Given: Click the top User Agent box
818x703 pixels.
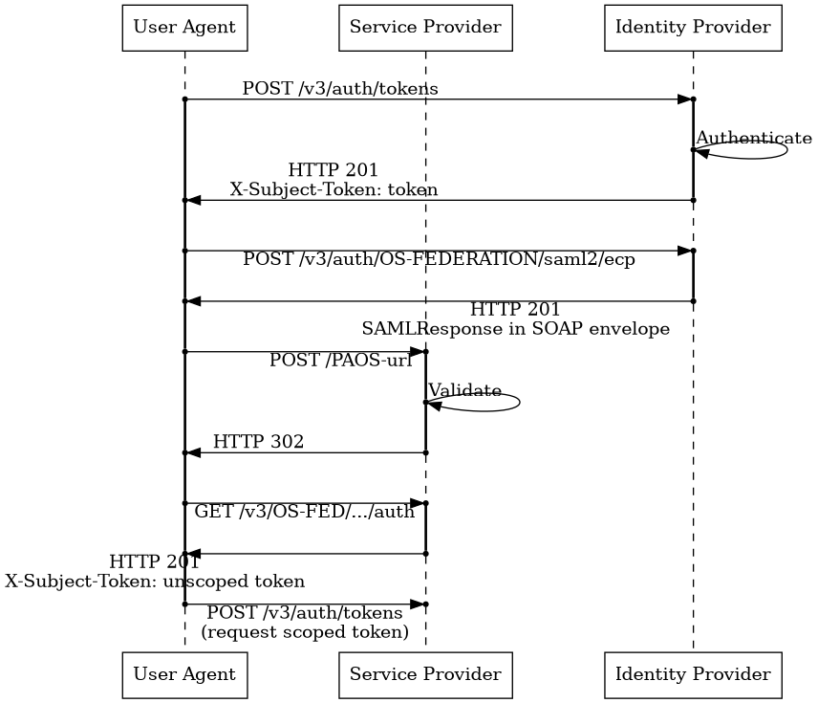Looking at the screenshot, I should tap(184, 27).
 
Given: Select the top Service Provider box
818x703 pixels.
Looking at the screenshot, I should tap(425, 27).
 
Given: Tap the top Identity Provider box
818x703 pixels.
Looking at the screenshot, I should tap(693, 27).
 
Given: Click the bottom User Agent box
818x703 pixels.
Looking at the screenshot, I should tap(184, 674).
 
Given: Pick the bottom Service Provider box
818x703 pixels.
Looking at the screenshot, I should tap(425, 674).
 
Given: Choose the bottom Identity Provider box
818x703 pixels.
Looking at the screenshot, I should tap(693, 674).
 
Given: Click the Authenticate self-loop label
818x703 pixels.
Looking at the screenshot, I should tap(753, 138).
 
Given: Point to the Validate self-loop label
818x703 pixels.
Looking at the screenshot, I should tap(464, 390).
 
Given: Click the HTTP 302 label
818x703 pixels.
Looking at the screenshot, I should tap(258, 441).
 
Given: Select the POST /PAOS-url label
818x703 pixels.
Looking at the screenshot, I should tap(340, 361).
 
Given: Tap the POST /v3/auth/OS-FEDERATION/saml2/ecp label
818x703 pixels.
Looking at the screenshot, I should tap(439, 259).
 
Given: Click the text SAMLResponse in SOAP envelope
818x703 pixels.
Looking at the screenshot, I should tap(515, 328).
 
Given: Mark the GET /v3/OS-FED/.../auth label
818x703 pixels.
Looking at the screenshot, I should tap(304, 512).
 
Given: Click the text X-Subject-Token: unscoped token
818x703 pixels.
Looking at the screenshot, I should tap(155, 581).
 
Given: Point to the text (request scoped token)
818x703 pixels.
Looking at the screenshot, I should tap(304, 632).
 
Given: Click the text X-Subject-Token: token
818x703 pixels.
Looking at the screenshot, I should tap(334, 189).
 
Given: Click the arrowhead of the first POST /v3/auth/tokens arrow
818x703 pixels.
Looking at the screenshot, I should tap(684, 99).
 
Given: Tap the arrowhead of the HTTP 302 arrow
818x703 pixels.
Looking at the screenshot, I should tap(194, 452).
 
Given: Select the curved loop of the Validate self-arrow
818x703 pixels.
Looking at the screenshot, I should tap(516, 403).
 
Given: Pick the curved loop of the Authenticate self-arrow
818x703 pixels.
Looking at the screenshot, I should tap(784, 150).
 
